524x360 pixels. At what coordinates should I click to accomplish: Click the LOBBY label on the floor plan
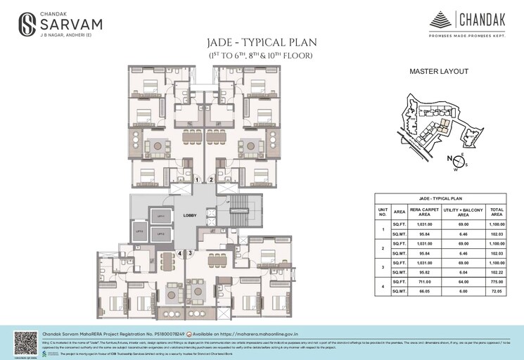tap(189, 216)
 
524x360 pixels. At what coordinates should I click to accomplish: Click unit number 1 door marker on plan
tap(198, 180)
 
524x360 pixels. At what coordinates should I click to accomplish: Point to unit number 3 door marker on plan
tap(188, 252)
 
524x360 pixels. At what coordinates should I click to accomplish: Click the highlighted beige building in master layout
tap(442, 127)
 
